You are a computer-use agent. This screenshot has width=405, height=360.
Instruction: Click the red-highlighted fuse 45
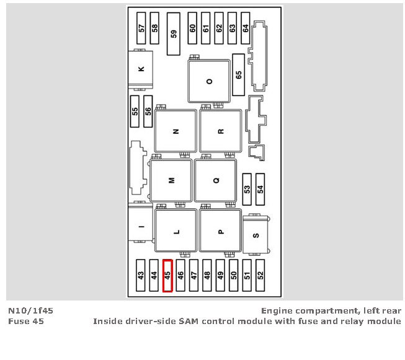[167, 275]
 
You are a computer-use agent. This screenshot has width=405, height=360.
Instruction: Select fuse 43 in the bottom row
[141, 275]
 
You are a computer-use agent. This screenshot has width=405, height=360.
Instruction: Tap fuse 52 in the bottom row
[260, 275]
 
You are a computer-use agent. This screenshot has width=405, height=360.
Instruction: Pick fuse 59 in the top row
[174, 33]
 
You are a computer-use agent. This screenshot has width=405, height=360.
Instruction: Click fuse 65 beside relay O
[239, 74]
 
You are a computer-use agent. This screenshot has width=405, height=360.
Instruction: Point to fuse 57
[141, 28]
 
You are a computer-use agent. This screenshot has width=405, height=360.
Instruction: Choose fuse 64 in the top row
[246, 28]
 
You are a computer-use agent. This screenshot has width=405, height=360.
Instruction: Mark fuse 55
[135, 111]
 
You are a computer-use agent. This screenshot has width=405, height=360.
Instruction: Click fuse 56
[148, 111]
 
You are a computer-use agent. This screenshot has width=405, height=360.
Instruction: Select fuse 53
[247, 189]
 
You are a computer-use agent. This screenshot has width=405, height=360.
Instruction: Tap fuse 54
[260, 189]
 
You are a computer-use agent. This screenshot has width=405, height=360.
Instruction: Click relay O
[209, 81]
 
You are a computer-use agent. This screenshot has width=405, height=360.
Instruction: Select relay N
[176, 131]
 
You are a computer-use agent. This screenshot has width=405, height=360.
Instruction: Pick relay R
[220, 131]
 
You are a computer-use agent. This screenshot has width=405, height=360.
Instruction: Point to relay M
[171, 180]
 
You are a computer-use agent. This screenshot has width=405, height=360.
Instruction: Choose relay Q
[216, 180]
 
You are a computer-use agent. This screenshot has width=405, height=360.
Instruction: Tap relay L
[176, 232]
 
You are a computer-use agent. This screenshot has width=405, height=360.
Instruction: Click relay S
[256, 235]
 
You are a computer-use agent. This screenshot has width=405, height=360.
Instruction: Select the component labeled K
[141, 69]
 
